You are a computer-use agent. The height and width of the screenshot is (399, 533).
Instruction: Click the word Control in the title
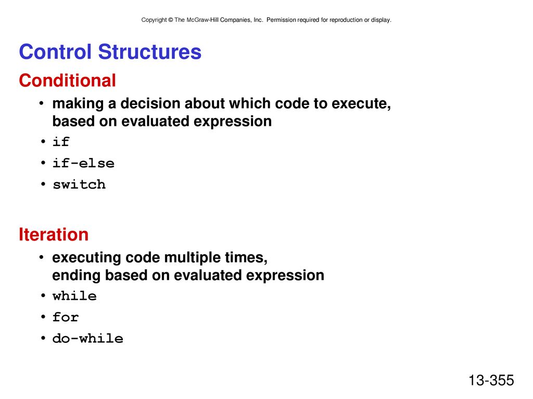(x=55, y=51)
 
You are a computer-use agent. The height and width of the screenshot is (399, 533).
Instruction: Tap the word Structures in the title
(x=149, y=51)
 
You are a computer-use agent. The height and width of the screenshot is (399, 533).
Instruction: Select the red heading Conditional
(x=67, y=81)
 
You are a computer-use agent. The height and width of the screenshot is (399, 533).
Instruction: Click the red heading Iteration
(x=54, y=234)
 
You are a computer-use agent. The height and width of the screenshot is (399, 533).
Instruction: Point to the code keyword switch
(x=79, y=184)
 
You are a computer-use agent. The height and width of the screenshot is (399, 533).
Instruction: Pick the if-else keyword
(x=83, y=163)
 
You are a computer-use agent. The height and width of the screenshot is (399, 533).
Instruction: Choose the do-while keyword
(x=87, y=338)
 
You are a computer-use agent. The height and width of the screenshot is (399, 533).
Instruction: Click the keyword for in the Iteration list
(x=66, y=317)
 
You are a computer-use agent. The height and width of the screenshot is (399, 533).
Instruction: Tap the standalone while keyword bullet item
(x=74, y=296)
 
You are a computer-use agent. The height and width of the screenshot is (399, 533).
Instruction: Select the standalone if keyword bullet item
(x=61, y=141)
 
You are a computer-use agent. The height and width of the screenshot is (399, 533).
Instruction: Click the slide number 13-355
(x=491, y=380)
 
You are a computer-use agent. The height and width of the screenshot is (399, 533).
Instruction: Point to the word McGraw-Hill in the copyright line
(x=202, y=20)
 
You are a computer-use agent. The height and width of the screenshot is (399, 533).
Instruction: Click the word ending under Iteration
(x=76, y=275)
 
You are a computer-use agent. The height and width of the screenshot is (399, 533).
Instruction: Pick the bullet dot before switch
(x=43, y=184)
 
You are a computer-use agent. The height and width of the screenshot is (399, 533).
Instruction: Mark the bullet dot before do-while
(x=43, y=338)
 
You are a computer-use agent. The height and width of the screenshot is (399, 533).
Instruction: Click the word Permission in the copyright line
(x=281, y=20)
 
